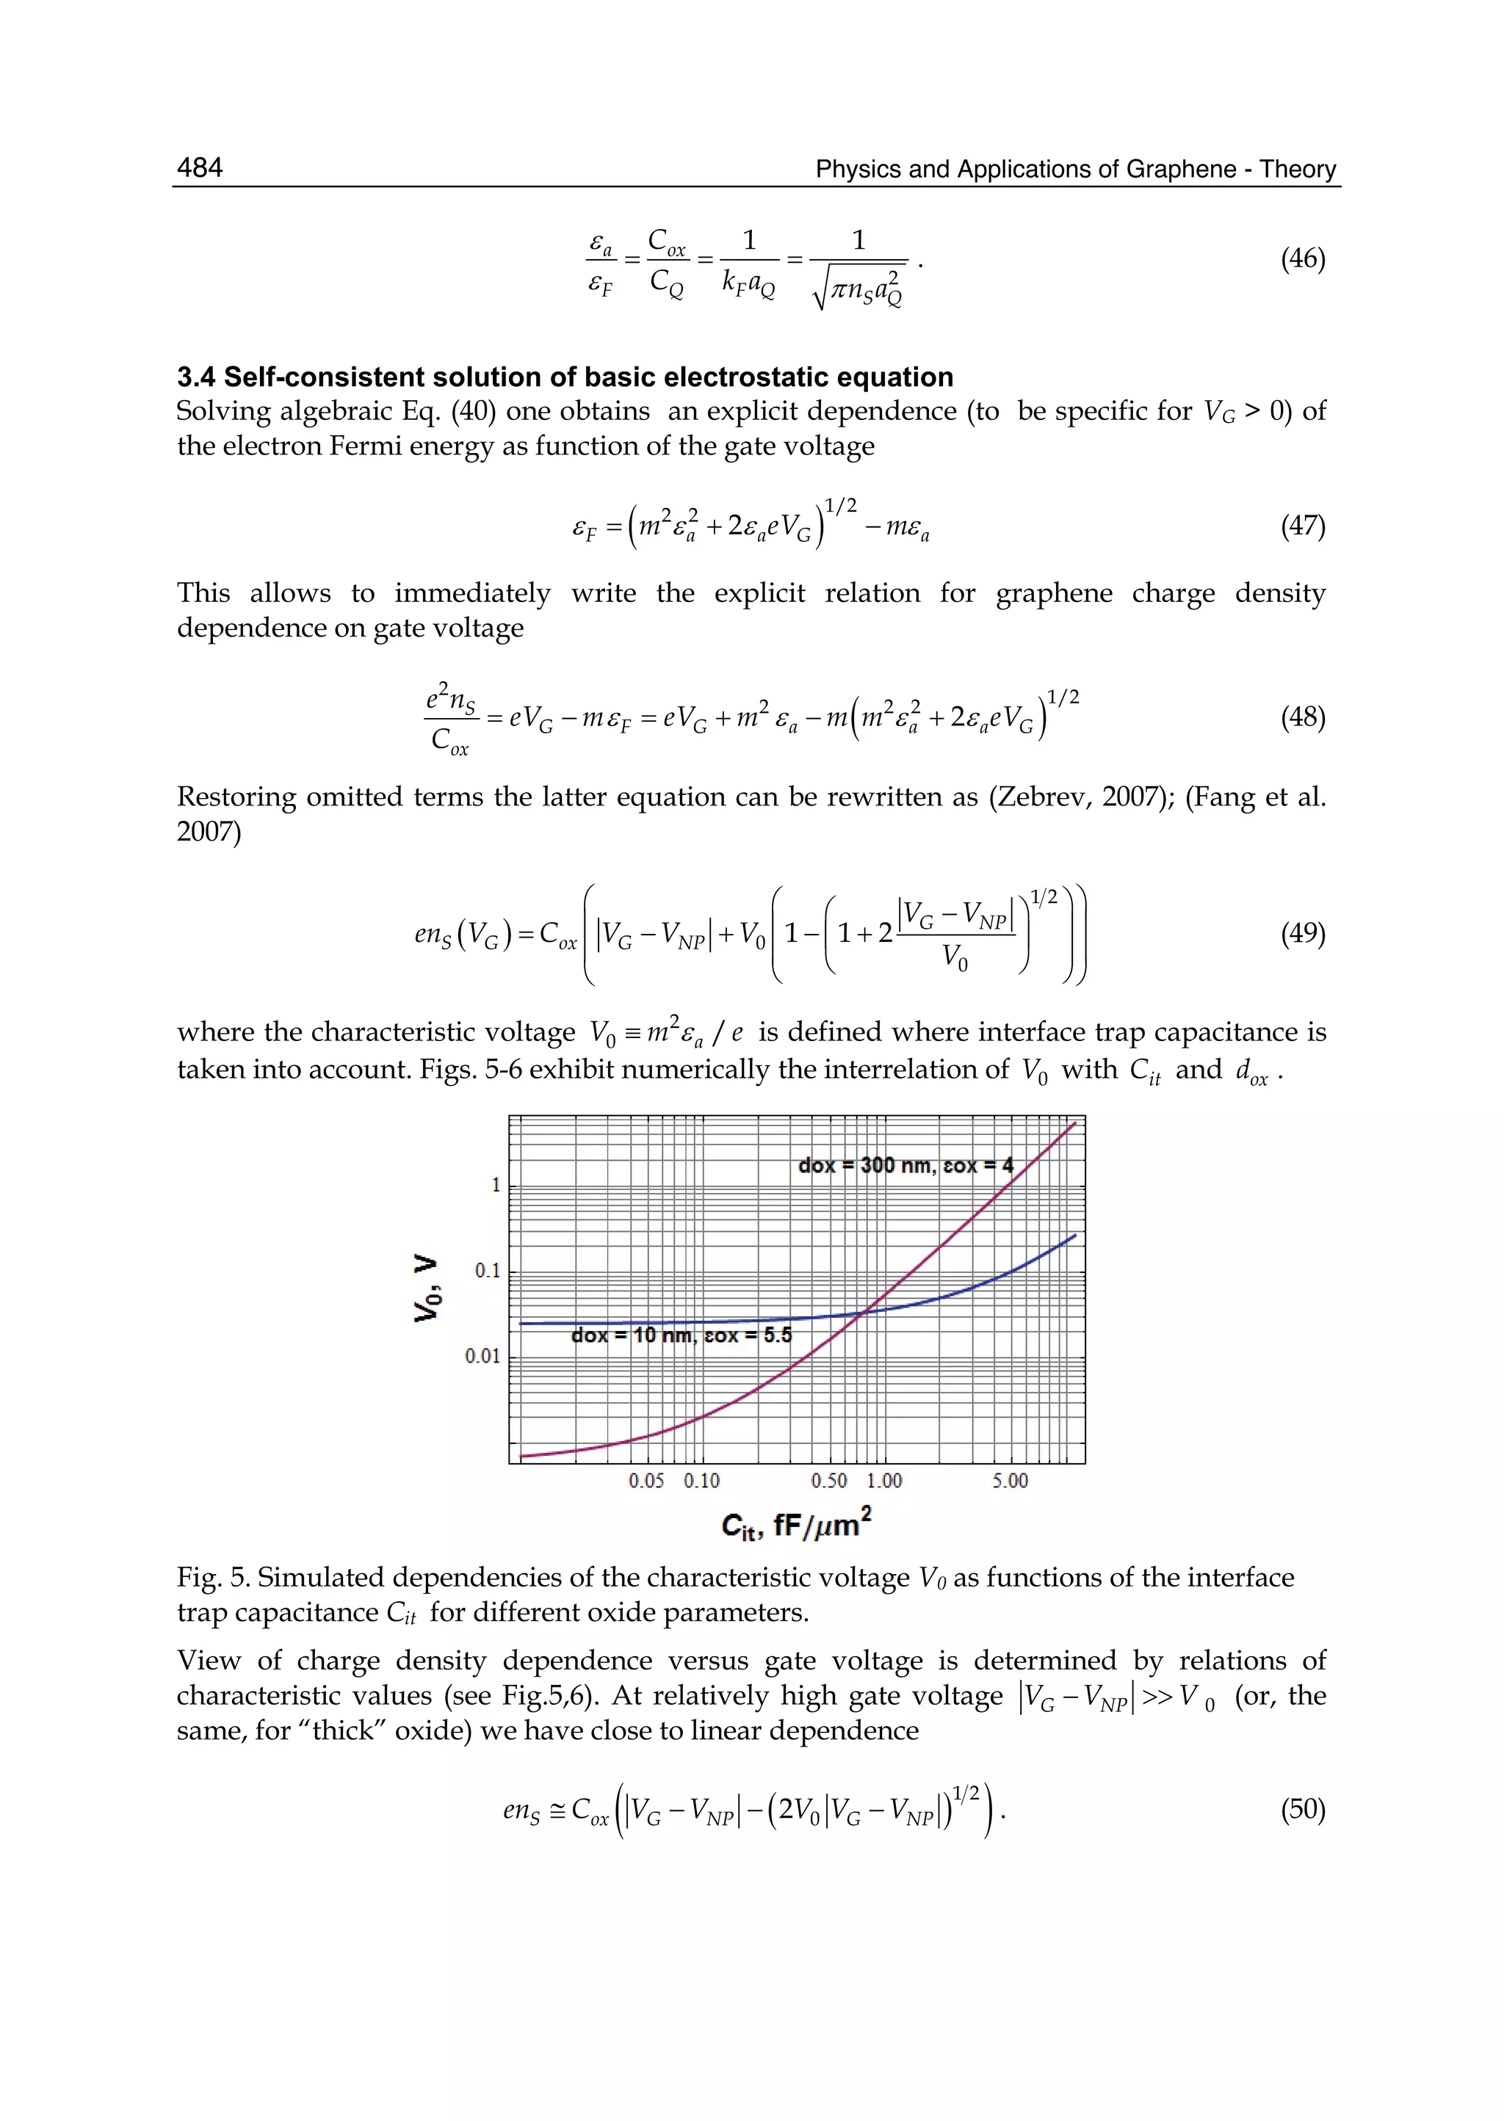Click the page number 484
199,167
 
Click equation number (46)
1302,259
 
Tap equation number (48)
1302,717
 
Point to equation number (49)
1302,933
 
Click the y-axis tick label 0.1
487,1271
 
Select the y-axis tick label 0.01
482,1356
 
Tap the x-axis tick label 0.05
646,1480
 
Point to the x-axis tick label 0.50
829,1480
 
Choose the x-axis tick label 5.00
1010,1480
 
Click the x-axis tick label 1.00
884,1480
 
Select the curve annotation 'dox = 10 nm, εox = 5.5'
681,1335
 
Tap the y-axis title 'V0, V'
427,1288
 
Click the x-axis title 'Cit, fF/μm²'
797,1525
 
